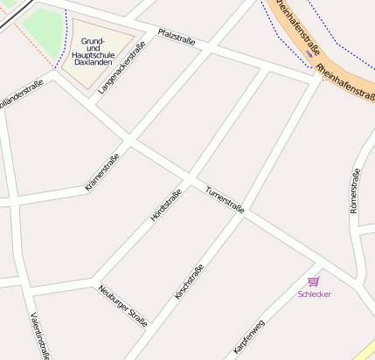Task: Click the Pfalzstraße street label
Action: click(177, 37)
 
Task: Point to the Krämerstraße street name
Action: click(101, 171)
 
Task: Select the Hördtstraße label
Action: click(165, 204)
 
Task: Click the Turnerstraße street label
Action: click(225, 200)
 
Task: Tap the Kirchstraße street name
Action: click(189, 281)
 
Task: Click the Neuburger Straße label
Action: click(122, 305)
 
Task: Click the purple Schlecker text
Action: click(315, 294)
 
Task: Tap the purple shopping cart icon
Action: click(314, 281)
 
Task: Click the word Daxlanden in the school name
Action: click(94, 63)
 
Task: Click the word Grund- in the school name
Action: click(94, 41)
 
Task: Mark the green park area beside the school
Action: click(42, 30)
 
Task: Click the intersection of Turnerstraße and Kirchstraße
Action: click(243, 216)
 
